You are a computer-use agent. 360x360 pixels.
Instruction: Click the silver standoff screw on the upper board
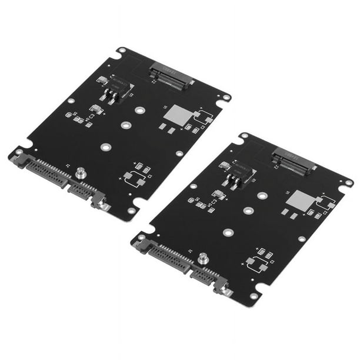tap(81, 173)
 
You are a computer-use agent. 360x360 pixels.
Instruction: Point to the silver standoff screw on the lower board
tap(203, 259)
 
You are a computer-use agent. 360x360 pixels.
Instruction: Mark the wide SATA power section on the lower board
tap(168, 256)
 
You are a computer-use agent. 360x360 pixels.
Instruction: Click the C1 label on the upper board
tap(149, 176)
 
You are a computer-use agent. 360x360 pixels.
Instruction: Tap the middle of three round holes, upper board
tap(125, 125)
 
